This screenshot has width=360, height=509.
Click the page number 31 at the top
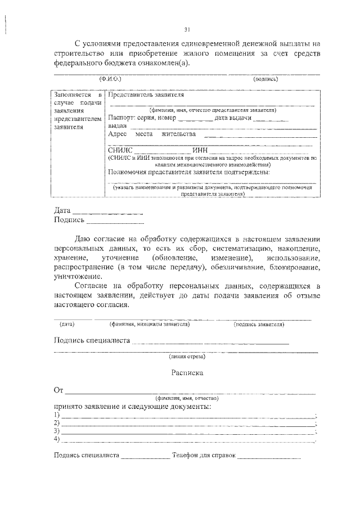click(x=187, y=30)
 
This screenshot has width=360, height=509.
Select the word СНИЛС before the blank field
click(x=120, y=150)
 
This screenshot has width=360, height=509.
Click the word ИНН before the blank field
click(x=201, y=150)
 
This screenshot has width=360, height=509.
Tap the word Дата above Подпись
click(x=62, y=210)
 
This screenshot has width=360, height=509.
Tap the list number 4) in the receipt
click(x=57, y=439)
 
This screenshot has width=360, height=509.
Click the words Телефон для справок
click(x=204, y=456)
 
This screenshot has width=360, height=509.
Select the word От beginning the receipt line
click(x=58, y=390)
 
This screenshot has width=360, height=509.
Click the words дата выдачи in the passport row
click(x=233, y=119)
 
